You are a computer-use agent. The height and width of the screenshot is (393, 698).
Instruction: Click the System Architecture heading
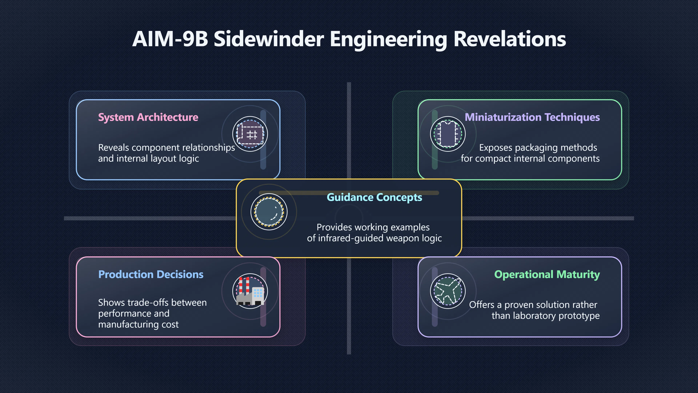[148, 117]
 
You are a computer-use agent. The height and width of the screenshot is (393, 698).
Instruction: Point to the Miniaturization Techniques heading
[532, 117]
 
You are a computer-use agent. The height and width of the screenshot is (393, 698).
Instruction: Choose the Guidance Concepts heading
[374, 197]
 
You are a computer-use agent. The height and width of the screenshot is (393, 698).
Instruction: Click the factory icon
[250, 291]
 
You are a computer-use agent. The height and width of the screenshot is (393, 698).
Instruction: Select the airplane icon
[448, 291]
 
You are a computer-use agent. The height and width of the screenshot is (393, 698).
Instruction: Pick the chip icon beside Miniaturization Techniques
[448, 134]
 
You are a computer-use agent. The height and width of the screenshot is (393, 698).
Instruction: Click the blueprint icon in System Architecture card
[250, 134]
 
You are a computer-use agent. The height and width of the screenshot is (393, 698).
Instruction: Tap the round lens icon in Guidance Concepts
[269, 212]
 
